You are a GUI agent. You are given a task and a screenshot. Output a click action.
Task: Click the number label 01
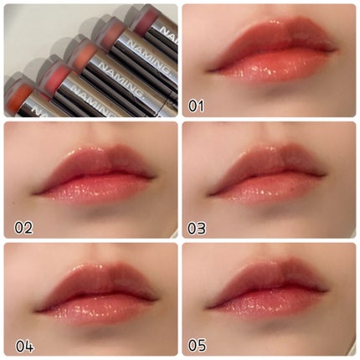(x=196, y=106)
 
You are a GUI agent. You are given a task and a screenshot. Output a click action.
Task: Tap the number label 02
(x=23, y=228)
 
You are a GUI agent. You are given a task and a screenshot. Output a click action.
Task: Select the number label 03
(x=197, y=228)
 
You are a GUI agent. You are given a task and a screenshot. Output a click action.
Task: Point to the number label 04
(x=24, y=347)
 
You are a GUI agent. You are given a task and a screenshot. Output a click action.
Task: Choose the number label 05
(x=197, y=346)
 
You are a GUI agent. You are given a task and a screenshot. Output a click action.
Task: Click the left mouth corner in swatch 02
(x=35, y=193)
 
